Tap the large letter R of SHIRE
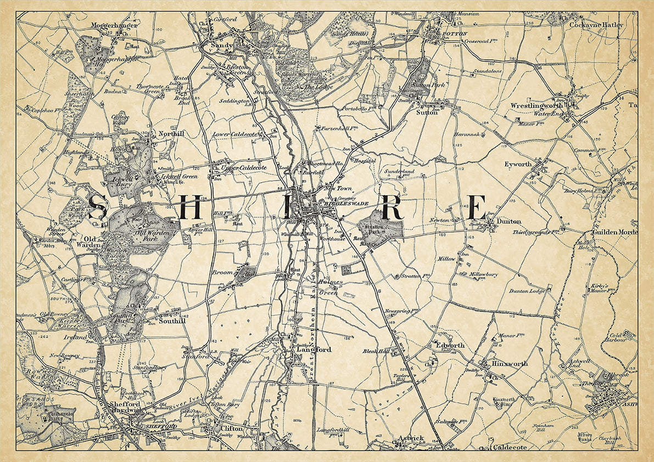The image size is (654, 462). (393, 208)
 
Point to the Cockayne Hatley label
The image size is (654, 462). (596, 25)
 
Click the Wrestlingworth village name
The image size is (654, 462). (536, 104)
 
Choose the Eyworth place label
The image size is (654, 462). (518, 164)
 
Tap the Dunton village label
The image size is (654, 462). (508, 222)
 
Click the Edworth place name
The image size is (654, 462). (450, 345)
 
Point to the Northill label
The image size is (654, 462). (170, 133)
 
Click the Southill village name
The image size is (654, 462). (172, 322)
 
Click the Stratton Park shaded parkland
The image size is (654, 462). (380, 225)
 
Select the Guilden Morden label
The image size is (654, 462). (614, 232)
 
